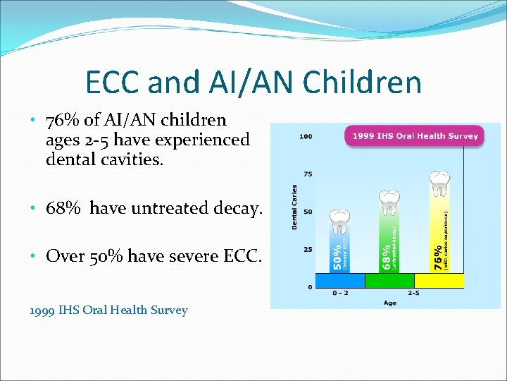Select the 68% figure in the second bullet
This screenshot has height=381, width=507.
pos(63,208)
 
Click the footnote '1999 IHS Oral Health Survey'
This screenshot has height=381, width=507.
pos(108,310)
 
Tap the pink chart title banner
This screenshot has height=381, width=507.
pos(412,135)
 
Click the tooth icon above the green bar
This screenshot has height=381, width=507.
pos(388,202)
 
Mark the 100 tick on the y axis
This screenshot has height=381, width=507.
pos(306,135)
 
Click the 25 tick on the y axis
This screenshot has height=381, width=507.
pos(307,249)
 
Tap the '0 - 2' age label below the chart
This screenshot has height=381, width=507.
pos(339,293)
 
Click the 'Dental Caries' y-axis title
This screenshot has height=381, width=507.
pos(295,207)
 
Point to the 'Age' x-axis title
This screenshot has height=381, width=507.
pos(389,303)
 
